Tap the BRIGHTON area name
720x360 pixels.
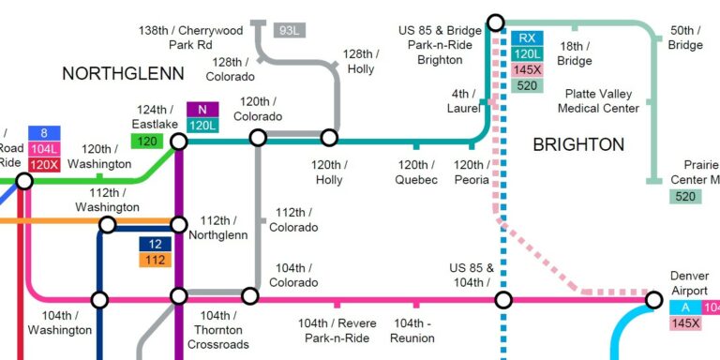[x=578, y=144]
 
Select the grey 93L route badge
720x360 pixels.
[x=290, y=30]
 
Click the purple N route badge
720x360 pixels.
[x=202, y=110]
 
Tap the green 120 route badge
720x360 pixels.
[x=147, y=142]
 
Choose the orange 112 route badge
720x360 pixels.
[x=155, y=260]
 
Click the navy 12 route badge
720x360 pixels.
[x=155, y=244]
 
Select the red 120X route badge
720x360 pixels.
[x=44, y=164]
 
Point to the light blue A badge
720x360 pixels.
[x=685, y=307]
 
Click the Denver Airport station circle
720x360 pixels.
[x=653, y=300]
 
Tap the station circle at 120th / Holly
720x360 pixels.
[x=329, y=139]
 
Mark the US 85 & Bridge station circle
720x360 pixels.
[x=496, y=22]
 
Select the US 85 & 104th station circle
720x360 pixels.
[x=503, y=300]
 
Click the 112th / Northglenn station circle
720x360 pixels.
[x=178, y=224]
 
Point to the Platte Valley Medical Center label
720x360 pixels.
[x=598, y=100]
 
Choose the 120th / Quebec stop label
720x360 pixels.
[x=415, y=172]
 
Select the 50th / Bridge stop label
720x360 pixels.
[x=685, y=37]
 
